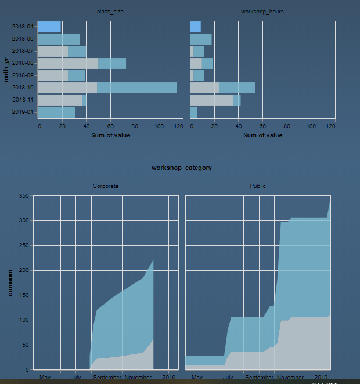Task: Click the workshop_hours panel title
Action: point(262,12)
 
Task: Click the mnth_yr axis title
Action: point(6,69)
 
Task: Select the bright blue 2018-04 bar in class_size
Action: point(49,27)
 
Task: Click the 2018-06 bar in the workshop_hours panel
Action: point(201,39)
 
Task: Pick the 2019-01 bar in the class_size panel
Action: point(56,112)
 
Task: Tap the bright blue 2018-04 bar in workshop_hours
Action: point(195,27)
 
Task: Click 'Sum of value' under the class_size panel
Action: point(111,135)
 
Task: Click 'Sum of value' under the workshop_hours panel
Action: point(262,135)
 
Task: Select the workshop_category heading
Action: point(181,168)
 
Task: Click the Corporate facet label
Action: point(106,186)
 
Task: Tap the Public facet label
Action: point(258,186)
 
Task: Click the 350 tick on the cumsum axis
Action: point(23,197)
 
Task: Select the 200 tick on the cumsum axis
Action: point(23,270)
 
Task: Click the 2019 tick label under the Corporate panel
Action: point(169,377)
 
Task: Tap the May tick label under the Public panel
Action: point(197,377)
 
